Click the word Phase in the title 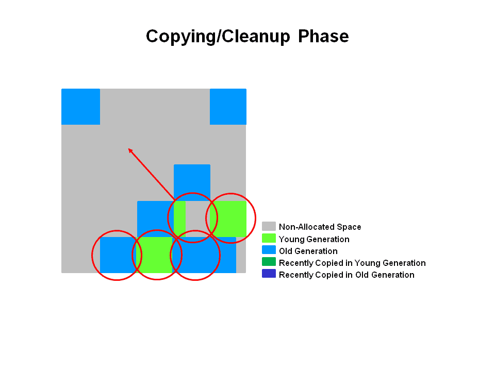323,36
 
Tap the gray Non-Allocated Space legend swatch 269,226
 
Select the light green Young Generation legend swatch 269,238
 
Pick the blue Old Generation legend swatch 269,250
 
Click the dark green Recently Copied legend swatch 269,262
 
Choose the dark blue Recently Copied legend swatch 269,274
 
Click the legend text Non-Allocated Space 320,227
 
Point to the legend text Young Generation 314,239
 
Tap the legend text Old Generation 308,251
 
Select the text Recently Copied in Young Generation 352,263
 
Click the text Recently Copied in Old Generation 346,275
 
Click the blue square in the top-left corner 81,107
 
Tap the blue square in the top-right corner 228,107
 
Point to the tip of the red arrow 128,148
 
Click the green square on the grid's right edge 228,219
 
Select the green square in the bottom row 155,255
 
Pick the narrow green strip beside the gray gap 179,219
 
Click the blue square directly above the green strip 192,182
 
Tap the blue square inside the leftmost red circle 119,255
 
